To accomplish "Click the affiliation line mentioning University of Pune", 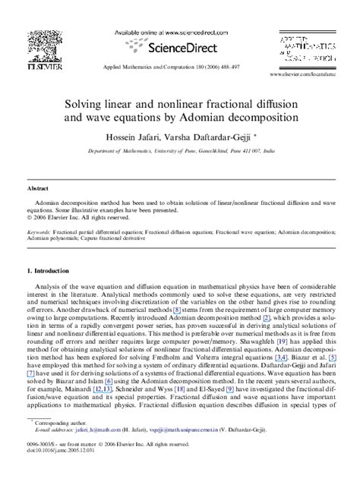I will click(179, 152).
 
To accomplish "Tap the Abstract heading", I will click(39, 187).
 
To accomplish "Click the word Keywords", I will click(39, 231).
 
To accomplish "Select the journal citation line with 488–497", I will click(179, 67).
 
